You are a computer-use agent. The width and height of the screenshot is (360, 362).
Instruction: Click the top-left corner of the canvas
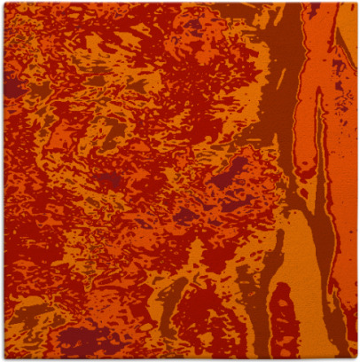[x=3, y=3]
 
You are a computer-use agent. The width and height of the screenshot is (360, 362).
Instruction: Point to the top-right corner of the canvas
[x=356, y=3]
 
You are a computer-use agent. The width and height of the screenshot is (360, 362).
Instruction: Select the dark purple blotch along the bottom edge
[x=89, y=342]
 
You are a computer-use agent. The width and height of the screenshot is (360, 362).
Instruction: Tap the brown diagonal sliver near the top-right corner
[x=346, y=35]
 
